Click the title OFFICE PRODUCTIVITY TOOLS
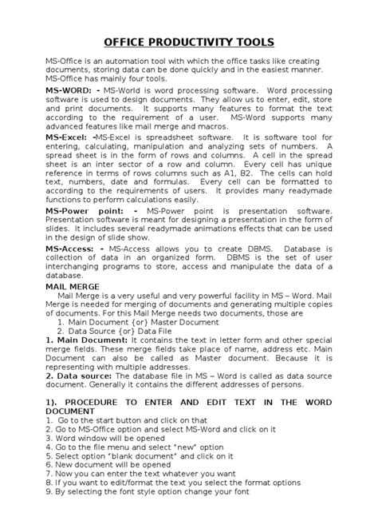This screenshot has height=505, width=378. [188, 41]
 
